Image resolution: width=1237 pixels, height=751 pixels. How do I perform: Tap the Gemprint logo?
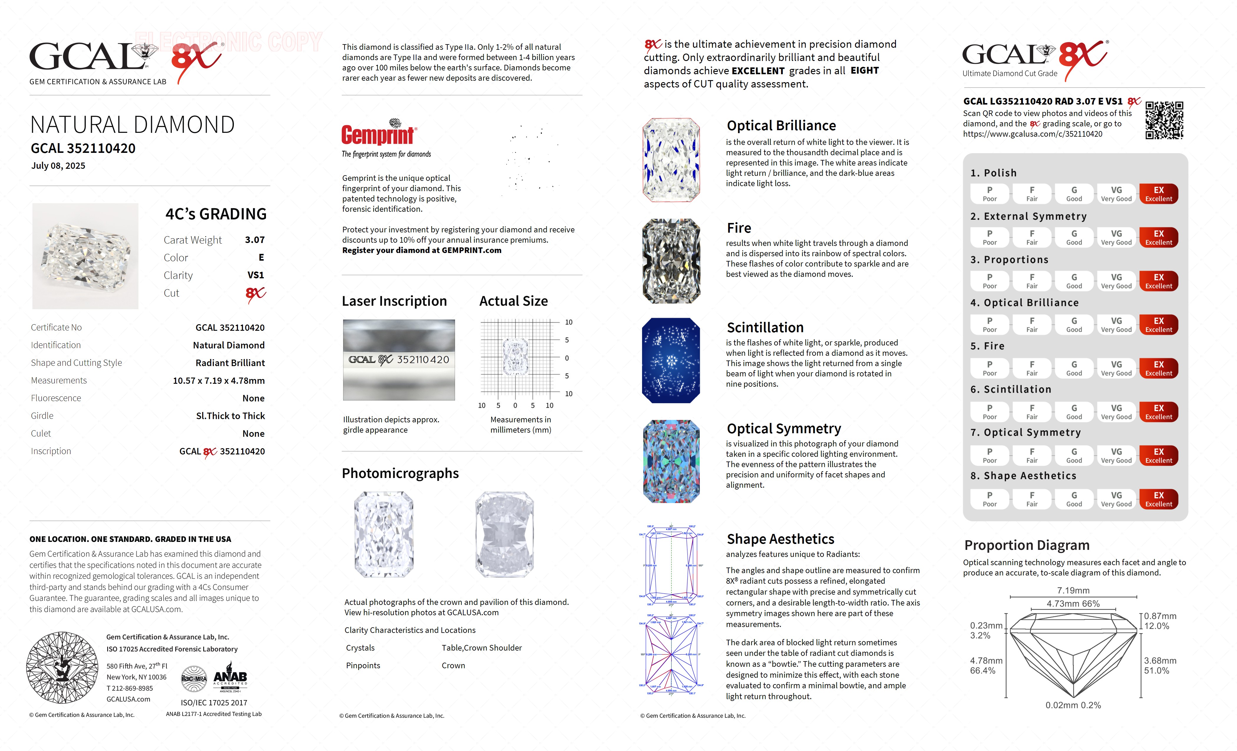(x=379, y=133)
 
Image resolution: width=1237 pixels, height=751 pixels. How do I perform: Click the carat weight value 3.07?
(x=254, y=240)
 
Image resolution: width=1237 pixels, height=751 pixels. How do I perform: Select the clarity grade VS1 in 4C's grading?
(x=256, y=275)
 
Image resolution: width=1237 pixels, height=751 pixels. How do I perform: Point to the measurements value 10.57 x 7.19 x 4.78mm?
(x=218, y=381)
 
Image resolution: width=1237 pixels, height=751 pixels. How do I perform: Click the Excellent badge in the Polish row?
(x=1158, y=194)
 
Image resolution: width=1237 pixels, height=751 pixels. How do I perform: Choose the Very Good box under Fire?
(x=1116, y=368)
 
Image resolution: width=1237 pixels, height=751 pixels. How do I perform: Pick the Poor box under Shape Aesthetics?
(x=990, y=499)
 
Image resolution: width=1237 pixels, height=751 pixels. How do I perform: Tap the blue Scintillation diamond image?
(x=671, y=360)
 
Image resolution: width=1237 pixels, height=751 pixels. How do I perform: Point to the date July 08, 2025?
(x=58, y=166)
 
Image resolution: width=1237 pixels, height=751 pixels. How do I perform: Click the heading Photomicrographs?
(x=400, y=473)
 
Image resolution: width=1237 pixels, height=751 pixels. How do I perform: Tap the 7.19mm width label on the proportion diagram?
(x=1073, y=590)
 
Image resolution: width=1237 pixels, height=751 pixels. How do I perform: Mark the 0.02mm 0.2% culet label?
(x=1073, y=705)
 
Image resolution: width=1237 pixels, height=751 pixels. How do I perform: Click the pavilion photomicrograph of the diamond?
(x=505, y=535)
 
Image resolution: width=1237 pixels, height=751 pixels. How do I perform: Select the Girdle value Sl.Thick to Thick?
(x=230, y=416)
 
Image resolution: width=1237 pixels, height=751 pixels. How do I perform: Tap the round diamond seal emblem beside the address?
(x=62, y=668)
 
